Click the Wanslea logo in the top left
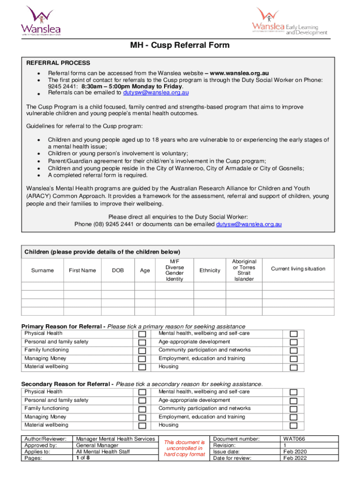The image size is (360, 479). click(41, 21)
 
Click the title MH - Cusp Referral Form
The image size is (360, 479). click(180, 45)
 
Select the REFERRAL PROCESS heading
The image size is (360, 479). click(58, 63)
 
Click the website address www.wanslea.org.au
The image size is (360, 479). click(239, 73)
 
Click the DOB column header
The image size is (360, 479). click(118, 270)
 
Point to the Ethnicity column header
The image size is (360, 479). click(209, 270)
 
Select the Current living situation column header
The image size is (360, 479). click(298, 269)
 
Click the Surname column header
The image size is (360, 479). click(43, 270)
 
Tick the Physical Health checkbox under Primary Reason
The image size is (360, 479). click(143, 334)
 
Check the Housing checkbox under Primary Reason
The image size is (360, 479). click(294, 368)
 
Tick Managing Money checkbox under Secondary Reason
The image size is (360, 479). click(143, 418)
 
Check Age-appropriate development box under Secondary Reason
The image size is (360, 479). click(294, 401)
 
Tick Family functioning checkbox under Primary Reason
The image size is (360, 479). click(143, 351)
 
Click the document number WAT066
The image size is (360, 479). click(294, 439)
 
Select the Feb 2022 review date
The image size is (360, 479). click(295, 458)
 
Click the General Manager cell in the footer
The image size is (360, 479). click(97, 445)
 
